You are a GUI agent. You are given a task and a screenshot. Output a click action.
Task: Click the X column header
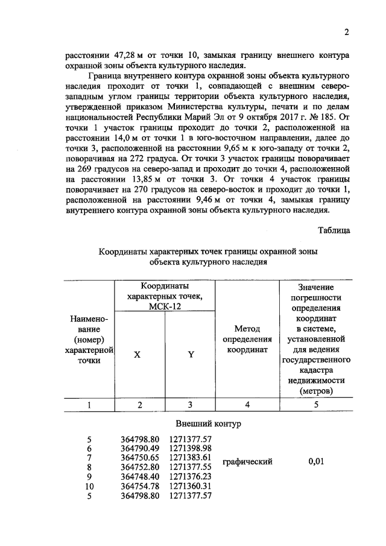pyautogui.click(x=138, y=355)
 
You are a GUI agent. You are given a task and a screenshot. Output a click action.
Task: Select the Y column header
pyautogui.click(x=191, y=355)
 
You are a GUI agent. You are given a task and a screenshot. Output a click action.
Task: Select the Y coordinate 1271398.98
pyautogui.click(x=191, y=448)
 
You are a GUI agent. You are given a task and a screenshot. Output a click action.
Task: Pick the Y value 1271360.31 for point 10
pyautogui.click(x=191, y=486)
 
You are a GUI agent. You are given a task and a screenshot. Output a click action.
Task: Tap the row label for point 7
pyautogui.click(x=90, y=457)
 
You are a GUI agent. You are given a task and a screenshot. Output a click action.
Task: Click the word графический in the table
pyautogui.click(x=247, y=462)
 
